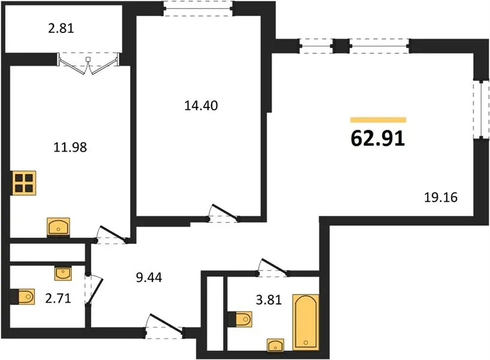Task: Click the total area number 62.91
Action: [378, 138]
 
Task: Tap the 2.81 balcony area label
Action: [61, 28]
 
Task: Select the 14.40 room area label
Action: [201, 106]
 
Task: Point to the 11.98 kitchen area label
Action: [70, 147]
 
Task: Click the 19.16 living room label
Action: [441, 197]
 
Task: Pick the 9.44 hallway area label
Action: [149, 277]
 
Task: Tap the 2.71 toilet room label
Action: [58, 299]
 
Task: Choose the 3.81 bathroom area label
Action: [269, 300]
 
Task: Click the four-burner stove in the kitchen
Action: [24, 183]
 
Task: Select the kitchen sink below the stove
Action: [58, 227]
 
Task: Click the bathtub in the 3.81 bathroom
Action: [306, 322]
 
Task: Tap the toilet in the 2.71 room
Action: [23, 296]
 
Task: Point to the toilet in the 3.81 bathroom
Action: [240, 319]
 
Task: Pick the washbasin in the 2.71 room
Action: [63, 274]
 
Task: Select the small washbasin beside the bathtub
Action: [276, 345]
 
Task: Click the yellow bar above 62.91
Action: [378, 119]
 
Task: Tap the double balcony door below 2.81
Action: [88, 64]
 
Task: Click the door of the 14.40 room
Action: [224, 214]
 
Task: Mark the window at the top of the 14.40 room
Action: [199, 8]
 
